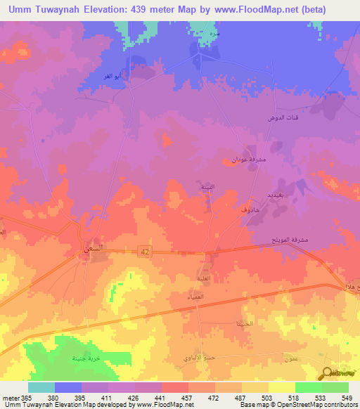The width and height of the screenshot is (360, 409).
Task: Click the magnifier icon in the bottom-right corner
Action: (328, 374)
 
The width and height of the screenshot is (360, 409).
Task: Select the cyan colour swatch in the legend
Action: (41, 387)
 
